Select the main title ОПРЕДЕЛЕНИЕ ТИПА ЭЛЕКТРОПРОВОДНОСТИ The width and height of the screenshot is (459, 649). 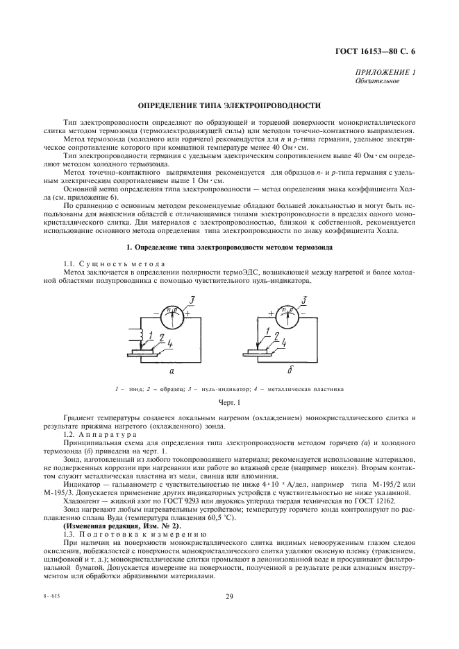229,106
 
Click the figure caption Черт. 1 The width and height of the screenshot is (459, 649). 229,401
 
